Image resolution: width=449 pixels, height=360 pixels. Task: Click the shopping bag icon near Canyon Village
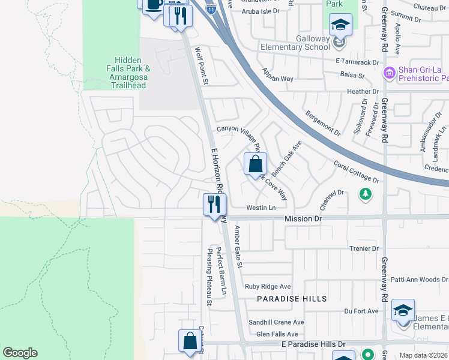[x=255, y=163]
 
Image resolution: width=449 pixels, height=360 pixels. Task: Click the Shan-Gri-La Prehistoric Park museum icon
[x=388, y=73]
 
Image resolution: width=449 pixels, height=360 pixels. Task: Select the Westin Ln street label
[x=261, y=208]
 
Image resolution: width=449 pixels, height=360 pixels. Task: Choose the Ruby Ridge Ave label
[x=268, y=287]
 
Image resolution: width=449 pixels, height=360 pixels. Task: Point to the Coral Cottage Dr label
[x=357, y=172]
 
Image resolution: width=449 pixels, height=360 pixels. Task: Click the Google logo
[x=20, y=353]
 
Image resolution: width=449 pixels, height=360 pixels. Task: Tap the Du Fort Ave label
[x=361, y=311]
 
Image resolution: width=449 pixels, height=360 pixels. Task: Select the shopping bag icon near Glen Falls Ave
[x=190, y=341]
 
